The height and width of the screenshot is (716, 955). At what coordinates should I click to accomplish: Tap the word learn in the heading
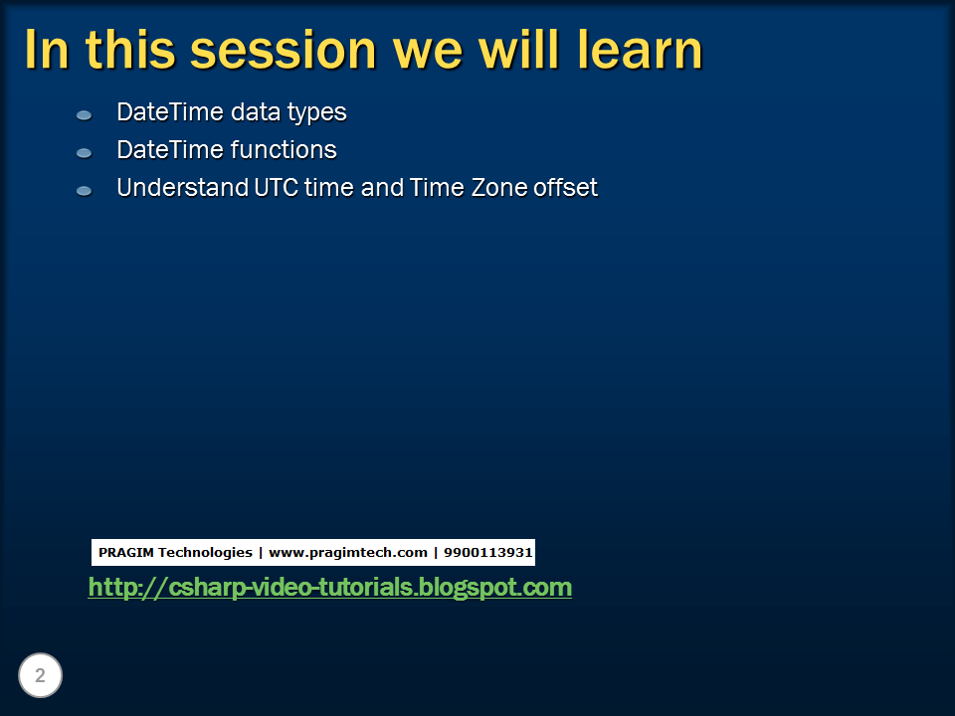(x=640, y=50)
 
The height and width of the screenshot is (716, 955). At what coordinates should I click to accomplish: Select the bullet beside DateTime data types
(x=85, y=115)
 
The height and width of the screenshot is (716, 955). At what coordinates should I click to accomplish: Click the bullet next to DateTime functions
(x=85, y=153)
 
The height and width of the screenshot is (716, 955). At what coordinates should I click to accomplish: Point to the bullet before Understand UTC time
(x=85, y=190)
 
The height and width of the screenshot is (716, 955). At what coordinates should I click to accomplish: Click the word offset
(x=565, y=187)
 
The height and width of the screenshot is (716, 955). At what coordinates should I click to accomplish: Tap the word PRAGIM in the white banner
(x=125, y=552)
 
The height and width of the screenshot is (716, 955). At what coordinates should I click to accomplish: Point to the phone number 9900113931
(x=488, y=552)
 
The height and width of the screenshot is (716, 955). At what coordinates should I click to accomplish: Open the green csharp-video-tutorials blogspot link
(x=329, y=588)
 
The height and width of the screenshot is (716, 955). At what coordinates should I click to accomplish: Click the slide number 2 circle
(x=40, y=676)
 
